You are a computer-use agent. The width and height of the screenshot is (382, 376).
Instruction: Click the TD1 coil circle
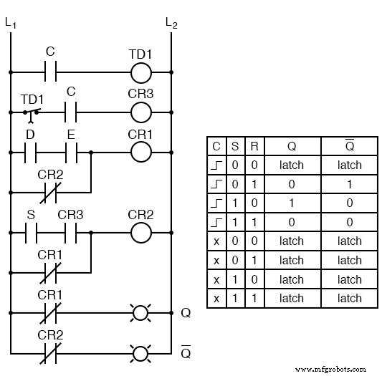141,72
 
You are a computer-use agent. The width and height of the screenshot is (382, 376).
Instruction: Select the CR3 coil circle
141,112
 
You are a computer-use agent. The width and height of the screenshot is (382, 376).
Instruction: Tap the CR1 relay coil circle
141,152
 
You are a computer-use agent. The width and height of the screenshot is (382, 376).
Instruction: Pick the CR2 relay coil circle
141,233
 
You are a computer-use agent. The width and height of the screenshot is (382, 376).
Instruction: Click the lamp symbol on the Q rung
141,313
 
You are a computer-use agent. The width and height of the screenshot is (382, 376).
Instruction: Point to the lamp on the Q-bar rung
141,353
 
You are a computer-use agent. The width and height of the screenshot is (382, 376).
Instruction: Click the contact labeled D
31,152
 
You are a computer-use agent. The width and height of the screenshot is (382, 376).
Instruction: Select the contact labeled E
71,152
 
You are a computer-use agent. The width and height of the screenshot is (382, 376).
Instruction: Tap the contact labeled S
31,233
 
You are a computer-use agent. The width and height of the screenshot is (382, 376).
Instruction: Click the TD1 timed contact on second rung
31,112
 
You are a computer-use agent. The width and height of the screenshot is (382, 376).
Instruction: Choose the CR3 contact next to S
71,233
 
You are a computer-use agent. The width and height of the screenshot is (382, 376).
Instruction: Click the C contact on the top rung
51,72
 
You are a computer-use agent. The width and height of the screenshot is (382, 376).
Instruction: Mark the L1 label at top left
10,23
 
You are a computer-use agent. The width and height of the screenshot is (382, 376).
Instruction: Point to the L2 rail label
171,23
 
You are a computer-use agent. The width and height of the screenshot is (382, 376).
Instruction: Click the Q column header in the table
292,146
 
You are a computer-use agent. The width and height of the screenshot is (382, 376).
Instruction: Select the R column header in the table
254,146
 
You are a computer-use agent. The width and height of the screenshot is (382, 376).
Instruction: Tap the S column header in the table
235,146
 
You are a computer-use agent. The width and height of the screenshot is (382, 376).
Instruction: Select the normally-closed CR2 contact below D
51,192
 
